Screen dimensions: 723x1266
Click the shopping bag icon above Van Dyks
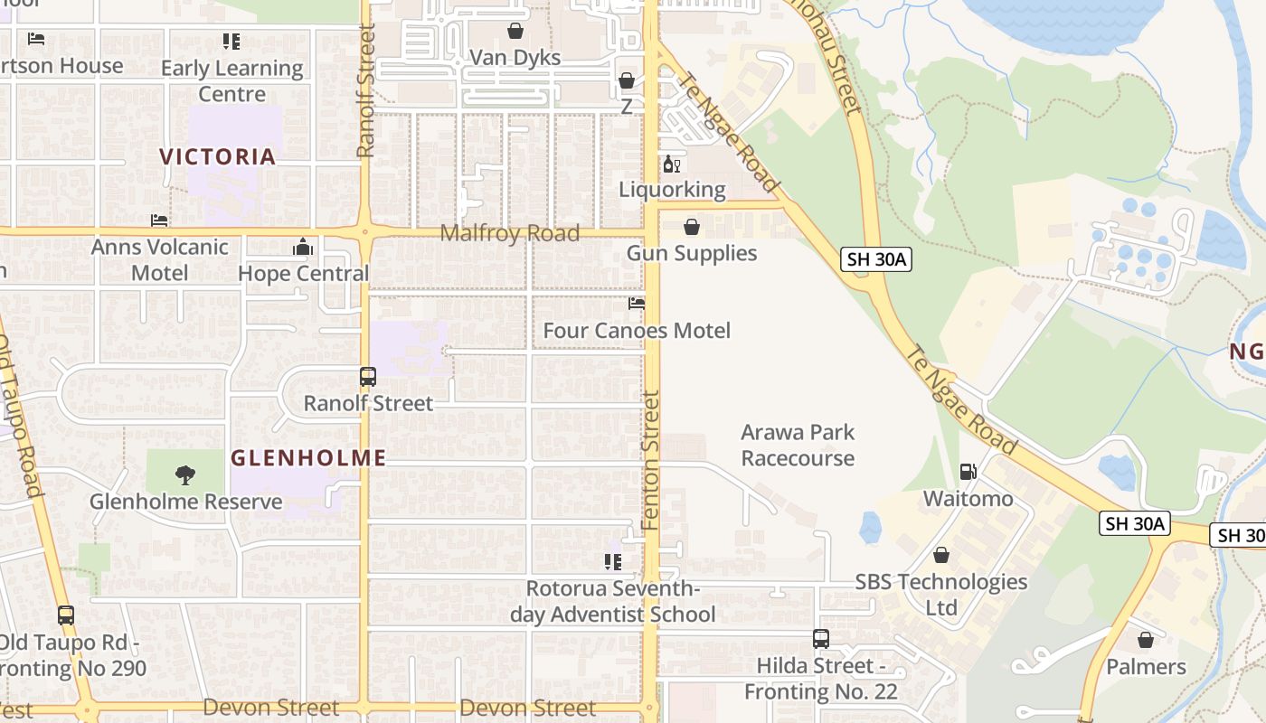tap(515, 32)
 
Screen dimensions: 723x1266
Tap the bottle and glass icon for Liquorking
tap(672, 164)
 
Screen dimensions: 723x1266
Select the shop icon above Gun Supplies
tap(692, 227)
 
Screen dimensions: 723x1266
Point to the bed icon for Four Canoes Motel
tap(637, 305)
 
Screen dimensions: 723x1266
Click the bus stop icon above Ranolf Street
tap(368, 377)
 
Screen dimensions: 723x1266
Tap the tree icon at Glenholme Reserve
tap(185, 474)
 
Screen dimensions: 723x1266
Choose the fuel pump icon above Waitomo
tap(968, 472)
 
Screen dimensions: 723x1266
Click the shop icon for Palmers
tap(1146, 641)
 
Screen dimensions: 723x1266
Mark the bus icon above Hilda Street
tap(820, 639)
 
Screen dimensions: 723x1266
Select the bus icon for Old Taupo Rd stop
tap(66, 615)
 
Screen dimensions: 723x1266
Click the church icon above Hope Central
tap(303, 247)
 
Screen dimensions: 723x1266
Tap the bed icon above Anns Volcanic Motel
tap(159, 221)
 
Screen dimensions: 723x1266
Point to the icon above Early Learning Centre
tap(231, 42)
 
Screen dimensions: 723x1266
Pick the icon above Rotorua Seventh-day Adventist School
tap(613, 562)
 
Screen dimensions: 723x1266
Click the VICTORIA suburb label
tap(218, 156)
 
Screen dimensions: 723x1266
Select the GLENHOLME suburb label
tap(308, 458)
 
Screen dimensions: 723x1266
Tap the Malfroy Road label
tap(509, 233)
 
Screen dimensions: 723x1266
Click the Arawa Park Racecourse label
tap(798, 445)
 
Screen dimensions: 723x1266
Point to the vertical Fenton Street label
tap(651, 460)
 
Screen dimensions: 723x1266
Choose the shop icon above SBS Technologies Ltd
tap(941, 555)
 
